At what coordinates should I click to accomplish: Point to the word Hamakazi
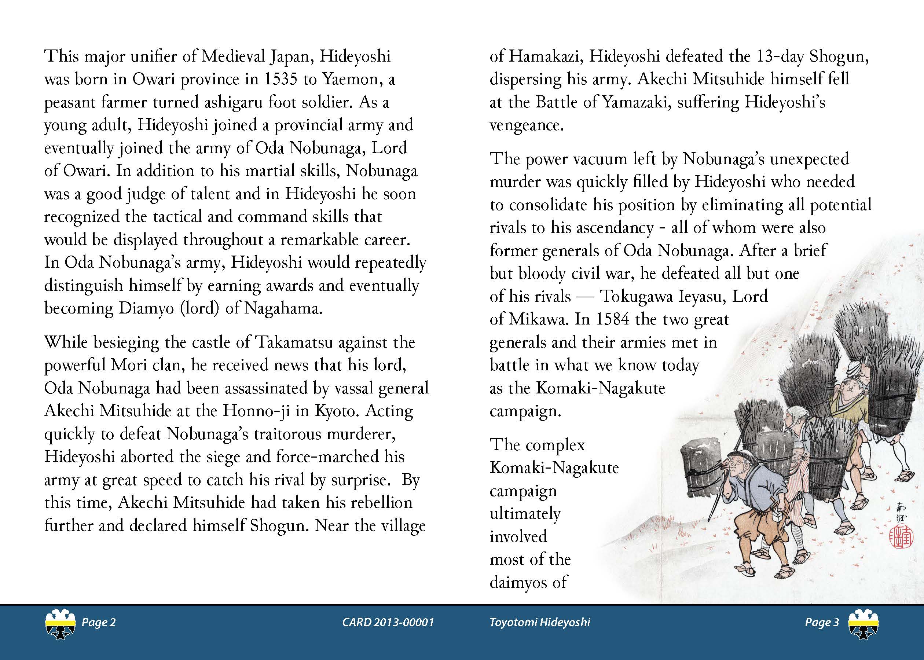[x=544, y=56]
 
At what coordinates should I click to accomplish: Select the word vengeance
[x=526, y=125]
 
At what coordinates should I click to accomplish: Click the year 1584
[x=613, y=320]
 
